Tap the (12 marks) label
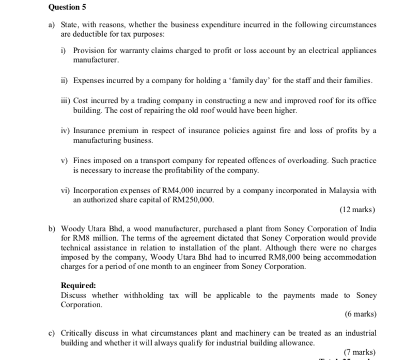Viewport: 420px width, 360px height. [357, 210]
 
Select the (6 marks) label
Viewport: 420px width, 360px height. [360, 314]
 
